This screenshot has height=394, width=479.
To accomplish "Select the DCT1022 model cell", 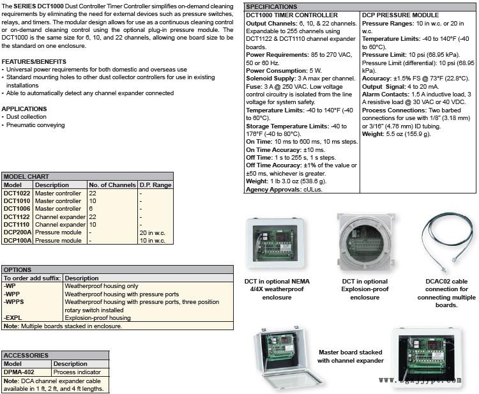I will coord(16,193).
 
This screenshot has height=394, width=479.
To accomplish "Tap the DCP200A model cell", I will coord(17,232).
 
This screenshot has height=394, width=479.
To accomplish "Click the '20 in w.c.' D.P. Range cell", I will coord(152,232).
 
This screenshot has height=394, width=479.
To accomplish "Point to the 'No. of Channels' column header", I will coord(112,185).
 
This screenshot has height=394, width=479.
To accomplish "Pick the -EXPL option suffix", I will coord(13,317).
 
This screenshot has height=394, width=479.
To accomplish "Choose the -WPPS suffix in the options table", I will coord(15,302).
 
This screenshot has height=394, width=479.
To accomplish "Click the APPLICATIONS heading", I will coord(24,109).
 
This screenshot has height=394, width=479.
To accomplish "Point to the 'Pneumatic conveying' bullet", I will coord(36,125).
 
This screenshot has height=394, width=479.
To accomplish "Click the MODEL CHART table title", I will coord(27,176).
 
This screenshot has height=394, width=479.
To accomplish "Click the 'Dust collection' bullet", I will coord(27,117).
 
